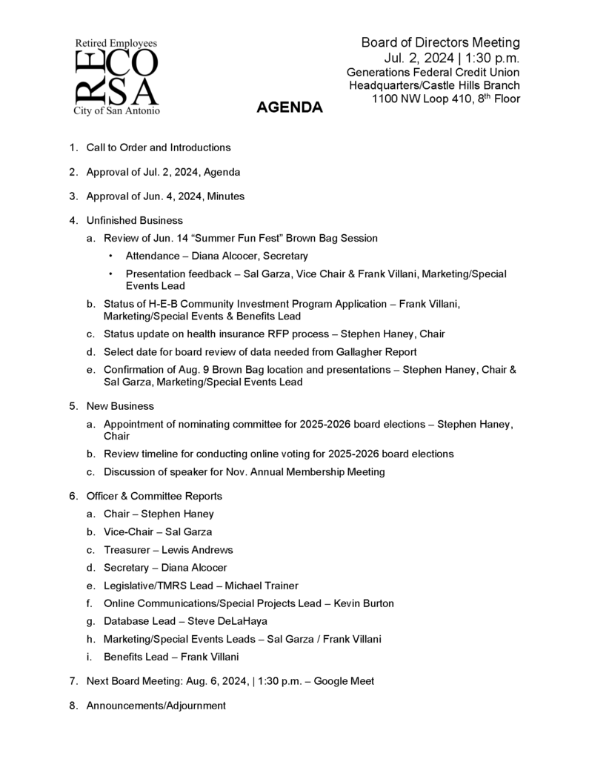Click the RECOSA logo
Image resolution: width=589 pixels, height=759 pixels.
116,77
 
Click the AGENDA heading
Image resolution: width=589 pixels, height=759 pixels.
289,108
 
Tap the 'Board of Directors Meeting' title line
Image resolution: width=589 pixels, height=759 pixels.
440,42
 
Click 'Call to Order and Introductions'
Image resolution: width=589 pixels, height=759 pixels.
159,148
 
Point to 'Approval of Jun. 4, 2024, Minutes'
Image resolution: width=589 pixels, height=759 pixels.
165,196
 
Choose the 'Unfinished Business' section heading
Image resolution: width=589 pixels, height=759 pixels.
134,220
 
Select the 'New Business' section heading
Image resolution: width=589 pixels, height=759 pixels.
120,406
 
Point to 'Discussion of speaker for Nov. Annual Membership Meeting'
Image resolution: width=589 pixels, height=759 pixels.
244,471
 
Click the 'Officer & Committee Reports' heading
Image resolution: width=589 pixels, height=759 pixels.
154,496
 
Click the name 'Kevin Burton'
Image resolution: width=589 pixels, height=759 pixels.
364,603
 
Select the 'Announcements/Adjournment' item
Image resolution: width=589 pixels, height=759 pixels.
156,706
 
